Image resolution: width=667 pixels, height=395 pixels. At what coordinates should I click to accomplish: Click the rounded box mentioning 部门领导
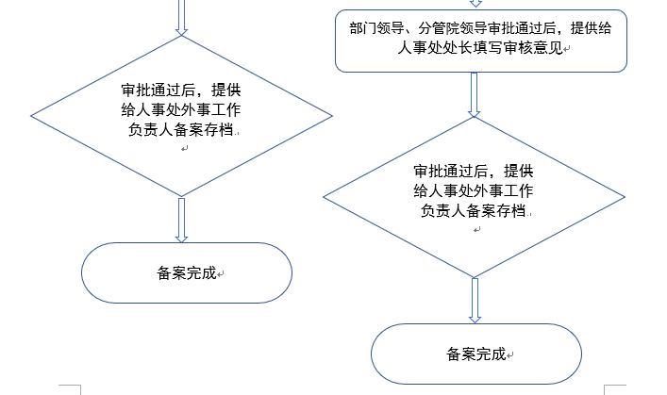pos(481,41)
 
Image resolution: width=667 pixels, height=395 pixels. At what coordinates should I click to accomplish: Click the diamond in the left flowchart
pos(182,116)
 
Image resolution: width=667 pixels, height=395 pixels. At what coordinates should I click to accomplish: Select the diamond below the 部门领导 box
pos(474,196)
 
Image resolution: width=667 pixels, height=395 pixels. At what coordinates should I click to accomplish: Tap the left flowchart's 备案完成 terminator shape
pos(187,273)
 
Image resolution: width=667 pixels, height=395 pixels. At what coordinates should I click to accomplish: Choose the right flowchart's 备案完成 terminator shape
pos(475,354)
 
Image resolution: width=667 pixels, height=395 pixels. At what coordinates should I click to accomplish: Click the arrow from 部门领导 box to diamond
pos(475,94)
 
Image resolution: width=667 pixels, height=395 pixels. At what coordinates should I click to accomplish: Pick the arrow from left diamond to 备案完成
pos(182,220)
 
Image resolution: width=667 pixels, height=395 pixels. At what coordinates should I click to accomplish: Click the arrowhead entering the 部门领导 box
pos(475,4)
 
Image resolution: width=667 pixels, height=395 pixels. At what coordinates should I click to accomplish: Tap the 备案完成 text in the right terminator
pos(475,354)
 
